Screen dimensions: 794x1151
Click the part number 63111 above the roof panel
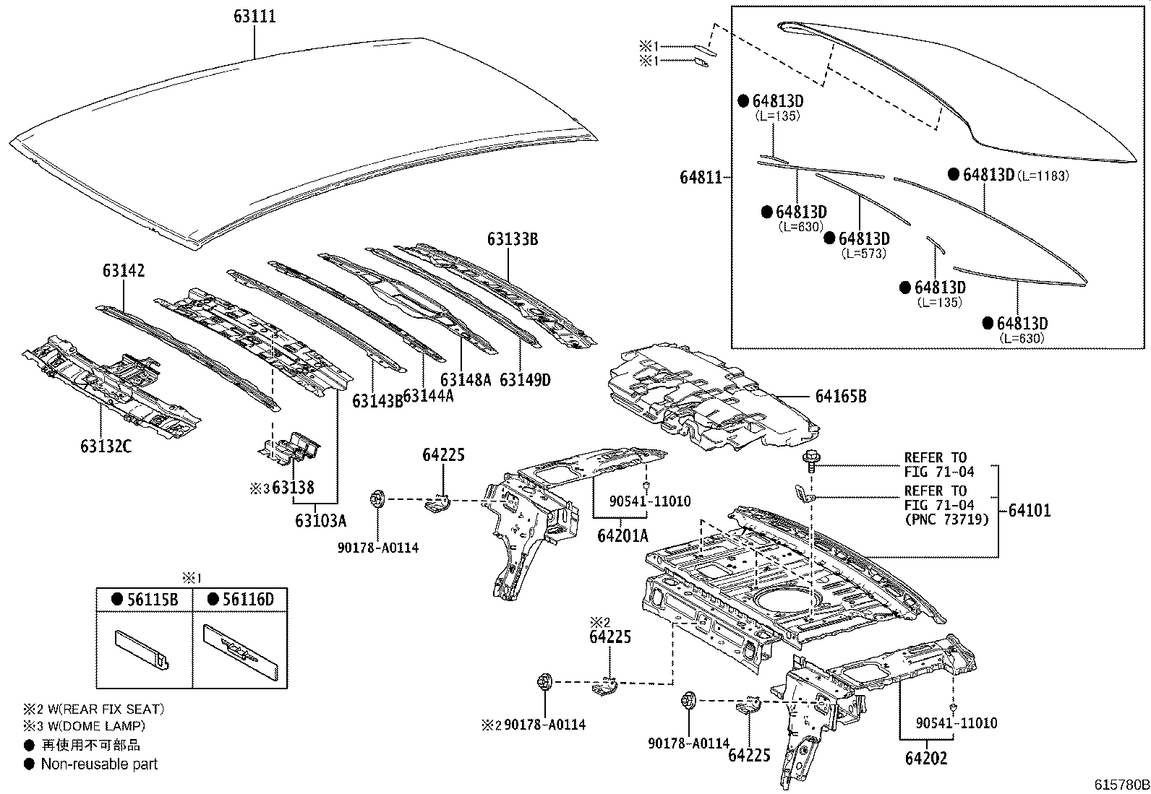pyautogui.click(x=254, y=16)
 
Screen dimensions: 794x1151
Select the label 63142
pyautogui.click(x=123, y=271)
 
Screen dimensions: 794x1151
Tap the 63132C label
pyautogui.click(x=106, y=446)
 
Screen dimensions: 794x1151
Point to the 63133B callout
pyautogui.click(x=512, y=239)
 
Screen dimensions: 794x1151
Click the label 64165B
pyautogui.click(x=841, y=396)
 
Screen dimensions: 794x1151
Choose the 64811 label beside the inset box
pyautogui.click(x=701, y=177)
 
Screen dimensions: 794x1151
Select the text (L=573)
pyautogui.click(x=863, y=254)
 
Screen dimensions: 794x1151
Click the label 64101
pyautogui.click(x=1029, y=510)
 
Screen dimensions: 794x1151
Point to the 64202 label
pyautogui.click(x=925, y=758)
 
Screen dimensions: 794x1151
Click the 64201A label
pyautogui.click(x=622, y=535)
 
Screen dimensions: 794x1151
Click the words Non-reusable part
pyautogui.click(x=99, y=764)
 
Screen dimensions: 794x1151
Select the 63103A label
pyautogui.click(x=320, y=519)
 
